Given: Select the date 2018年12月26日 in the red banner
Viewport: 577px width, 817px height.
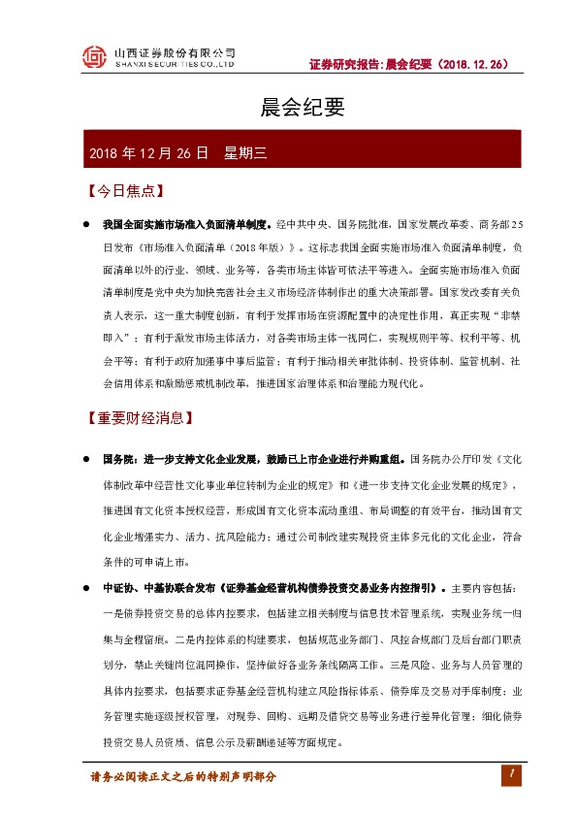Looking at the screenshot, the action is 149,152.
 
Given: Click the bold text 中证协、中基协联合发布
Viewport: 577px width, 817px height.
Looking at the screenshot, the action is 160,588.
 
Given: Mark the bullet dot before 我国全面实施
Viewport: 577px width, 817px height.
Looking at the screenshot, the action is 87,224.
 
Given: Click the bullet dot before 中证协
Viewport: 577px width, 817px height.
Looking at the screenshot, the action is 87,588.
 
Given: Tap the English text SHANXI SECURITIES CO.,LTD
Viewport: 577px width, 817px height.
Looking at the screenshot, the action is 175,65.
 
